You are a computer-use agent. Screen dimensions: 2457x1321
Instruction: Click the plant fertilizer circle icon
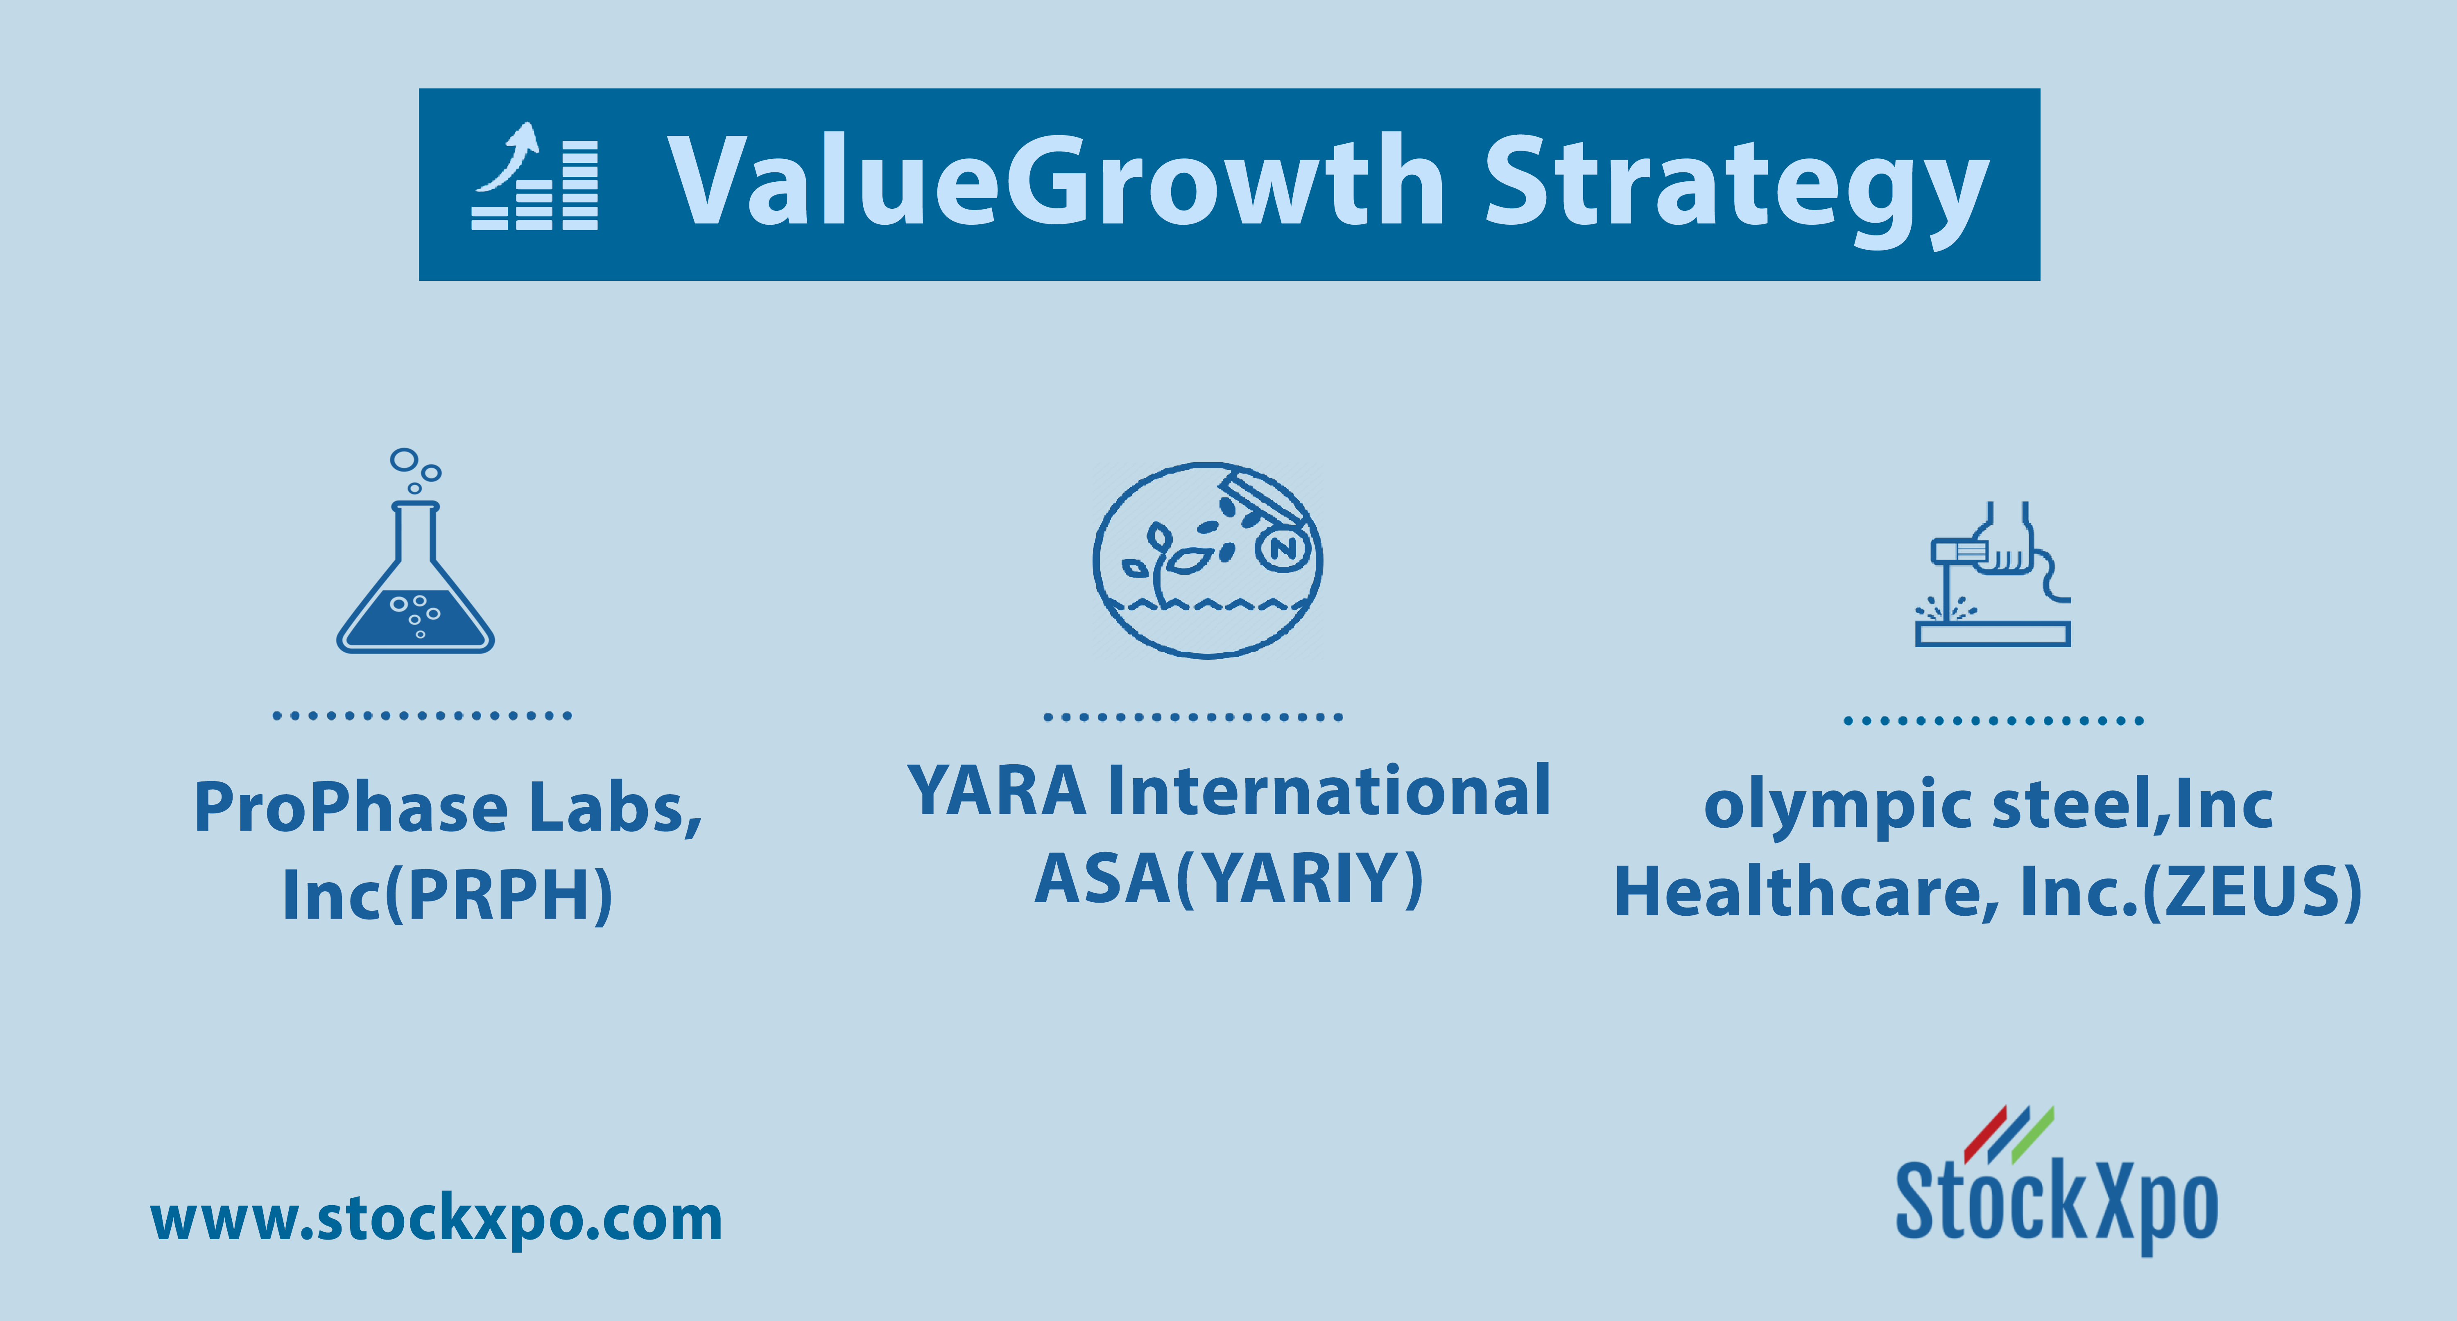[x=1208, y=560]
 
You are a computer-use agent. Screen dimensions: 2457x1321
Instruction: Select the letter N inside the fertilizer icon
[x=1284, y=549]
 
